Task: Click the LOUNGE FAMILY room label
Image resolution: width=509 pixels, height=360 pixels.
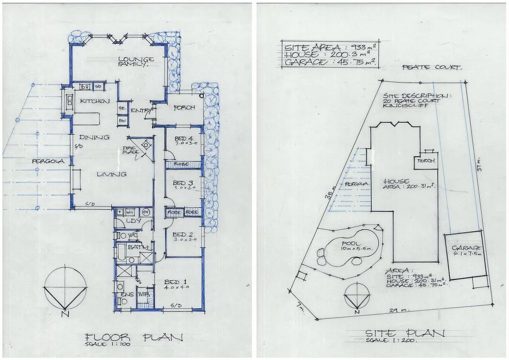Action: coord(136,62)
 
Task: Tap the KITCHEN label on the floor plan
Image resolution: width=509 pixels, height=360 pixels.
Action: coord(94,101)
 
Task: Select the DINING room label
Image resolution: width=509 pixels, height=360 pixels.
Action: coord(94,137)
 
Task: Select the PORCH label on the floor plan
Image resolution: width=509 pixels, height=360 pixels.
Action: coord(184,108)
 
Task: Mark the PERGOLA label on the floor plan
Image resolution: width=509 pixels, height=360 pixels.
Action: coord(47,161)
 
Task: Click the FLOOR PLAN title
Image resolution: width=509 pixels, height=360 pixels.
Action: coord(133,338)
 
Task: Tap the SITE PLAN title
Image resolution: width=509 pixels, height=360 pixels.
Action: coord(405,334)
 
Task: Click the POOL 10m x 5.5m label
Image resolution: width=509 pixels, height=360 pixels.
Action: coord(353,246)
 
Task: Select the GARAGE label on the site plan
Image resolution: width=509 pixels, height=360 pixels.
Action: coord(467,251)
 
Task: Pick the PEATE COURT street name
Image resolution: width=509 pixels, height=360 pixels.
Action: coord(431,68)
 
